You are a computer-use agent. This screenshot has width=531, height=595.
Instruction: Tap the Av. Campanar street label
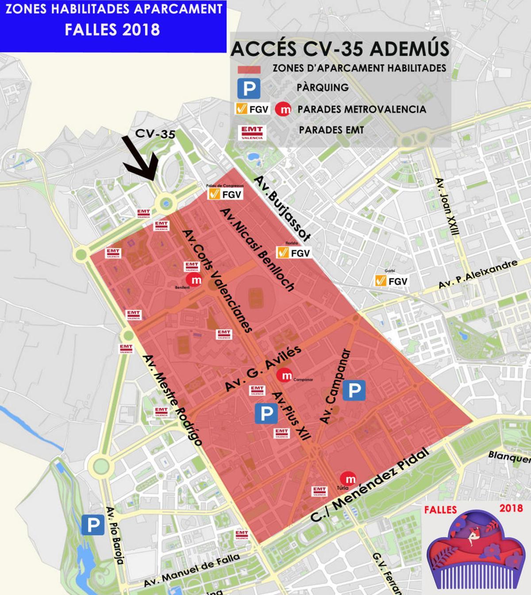point(335,386)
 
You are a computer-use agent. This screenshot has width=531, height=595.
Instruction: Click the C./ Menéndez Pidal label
point(370,485)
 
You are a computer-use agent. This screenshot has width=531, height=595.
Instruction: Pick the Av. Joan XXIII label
point(448,206)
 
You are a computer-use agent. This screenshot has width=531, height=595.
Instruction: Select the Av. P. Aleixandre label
point(477,275)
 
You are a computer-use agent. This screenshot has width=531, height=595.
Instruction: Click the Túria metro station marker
point(348,479)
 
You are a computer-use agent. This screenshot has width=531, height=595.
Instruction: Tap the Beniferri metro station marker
point(194,279)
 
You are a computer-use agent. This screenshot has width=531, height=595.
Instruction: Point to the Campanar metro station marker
point(285,375)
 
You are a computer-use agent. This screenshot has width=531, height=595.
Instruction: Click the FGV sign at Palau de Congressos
point(225,194)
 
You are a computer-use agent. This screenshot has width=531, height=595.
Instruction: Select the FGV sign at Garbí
point(391,281)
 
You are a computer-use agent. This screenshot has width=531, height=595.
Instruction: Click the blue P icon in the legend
point(248,88)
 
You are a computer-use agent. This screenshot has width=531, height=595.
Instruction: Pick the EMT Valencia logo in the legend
point(252,131)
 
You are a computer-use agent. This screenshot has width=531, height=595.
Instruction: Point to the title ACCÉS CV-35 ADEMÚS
point(340,49)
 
